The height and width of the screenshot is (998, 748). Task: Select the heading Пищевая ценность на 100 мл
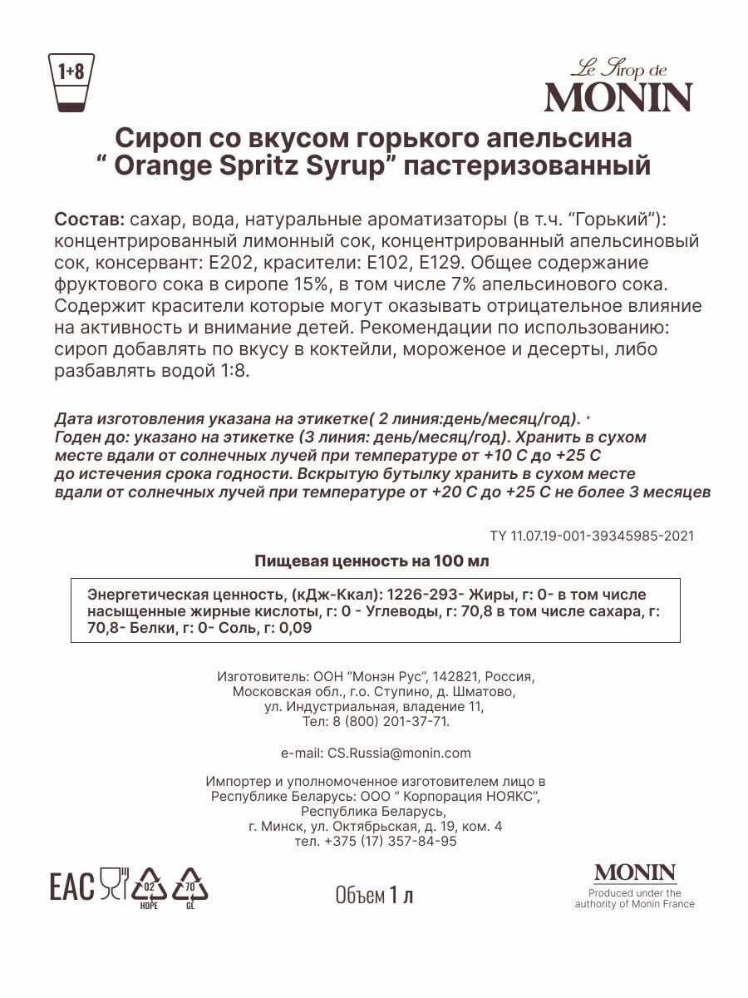coord(372,561)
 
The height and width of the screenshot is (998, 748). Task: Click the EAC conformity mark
coord(72,887)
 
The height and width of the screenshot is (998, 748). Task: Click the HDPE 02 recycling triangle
coord(150,887)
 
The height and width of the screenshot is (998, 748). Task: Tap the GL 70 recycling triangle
coord(189,887)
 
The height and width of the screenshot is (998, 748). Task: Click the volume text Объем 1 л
coord(374,895)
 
